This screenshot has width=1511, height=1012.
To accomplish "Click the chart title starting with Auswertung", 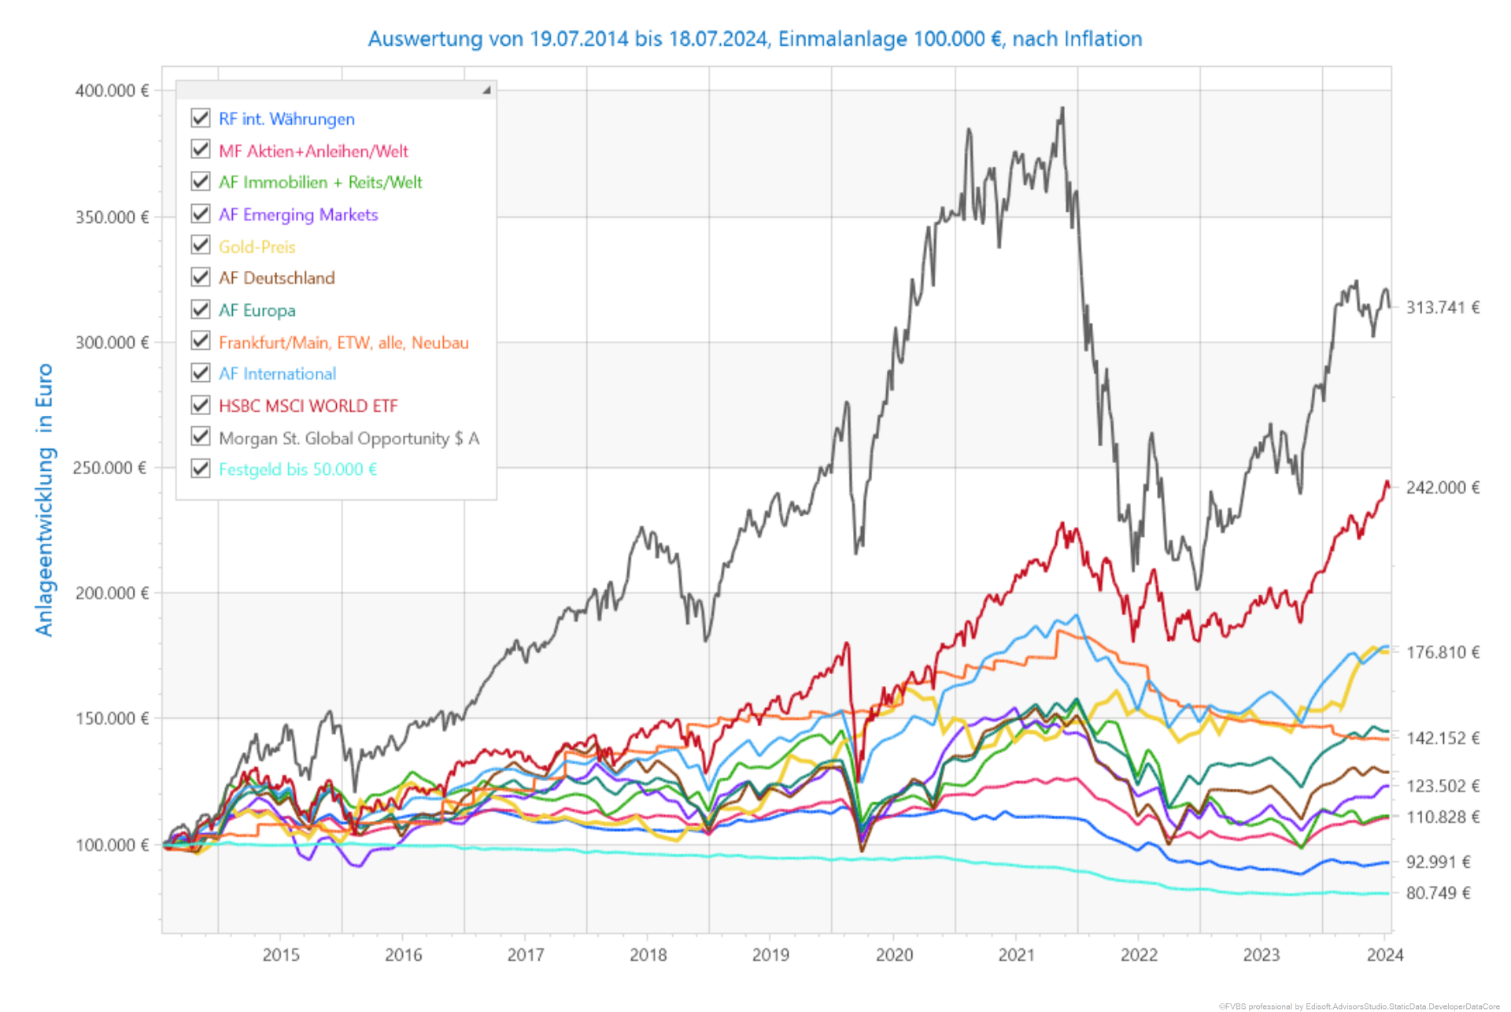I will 755,39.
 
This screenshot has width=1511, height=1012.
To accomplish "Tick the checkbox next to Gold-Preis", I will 201,245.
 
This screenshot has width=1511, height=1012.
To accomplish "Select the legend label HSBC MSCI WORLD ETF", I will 308,406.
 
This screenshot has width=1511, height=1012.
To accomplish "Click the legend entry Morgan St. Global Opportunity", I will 349,438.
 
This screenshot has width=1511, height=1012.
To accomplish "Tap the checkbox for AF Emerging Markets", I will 201,213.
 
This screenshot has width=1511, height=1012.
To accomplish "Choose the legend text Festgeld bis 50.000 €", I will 297,469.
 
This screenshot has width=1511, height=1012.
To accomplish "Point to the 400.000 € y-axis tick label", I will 112,91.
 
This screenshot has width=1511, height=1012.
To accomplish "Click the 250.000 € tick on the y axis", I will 109,468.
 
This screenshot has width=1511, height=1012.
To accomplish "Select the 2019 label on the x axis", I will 770,955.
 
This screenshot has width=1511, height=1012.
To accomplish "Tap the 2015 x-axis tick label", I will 281,955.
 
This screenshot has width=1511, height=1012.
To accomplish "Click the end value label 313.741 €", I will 1443,308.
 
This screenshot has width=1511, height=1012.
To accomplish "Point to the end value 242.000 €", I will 1443,487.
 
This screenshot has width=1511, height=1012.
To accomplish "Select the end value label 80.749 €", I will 1438,893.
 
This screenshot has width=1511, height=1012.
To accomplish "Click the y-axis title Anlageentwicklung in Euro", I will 45,499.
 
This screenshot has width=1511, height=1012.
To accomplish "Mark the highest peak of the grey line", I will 1062,109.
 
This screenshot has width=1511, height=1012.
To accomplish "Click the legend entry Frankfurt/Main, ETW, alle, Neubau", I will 343,343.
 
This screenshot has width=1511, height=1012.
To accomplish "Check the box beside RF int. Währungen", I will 201,118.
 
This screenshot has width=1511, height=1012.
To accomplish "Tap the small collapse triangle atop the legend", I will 486,90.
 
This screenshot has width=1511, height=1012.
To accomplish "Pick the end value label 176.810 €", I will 1443,652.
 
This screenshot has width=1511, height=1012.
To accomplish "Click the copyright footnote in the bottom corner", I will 1359,1006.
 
